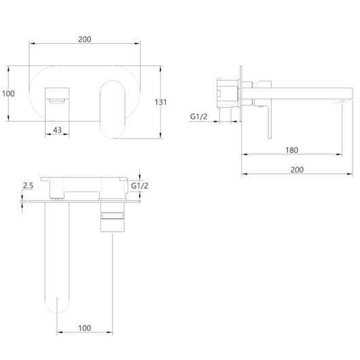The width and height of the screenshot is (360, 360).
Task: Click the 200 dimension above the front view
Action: pyautogui.click(x=84, y=39)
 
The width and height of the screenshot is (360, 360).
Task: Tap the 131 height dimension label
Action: pyautogui.click(x=160, y=102)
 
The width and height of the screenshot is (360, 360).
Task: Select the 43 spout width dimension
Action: pyautogui.click(x=57, y=130)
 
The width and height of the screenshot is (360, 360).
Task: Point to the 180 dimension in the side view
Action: pyautogui.click(x=291, y=150)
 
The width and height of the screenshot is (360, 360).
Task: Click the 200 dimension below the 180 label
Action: pyautogui.click(x=297, y=170)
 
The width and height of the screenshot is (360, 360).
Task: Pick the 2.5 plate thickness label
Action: pyautogui.click(x=28, y=185)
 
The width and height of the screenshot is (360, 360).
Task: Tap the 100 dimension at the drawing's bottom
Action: pyautogui.click(x=84, y=328)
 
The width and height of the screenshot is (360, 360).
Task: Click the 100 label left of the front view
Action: pyautogui.click(x=8, y=94)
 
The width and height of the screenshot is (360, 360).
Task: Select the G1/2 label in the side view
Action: pyautogui.click(x=198, y=117)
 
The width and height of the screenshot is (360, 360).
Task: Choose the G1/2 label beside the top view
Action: pyautogui.click(x=140, y=185)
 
